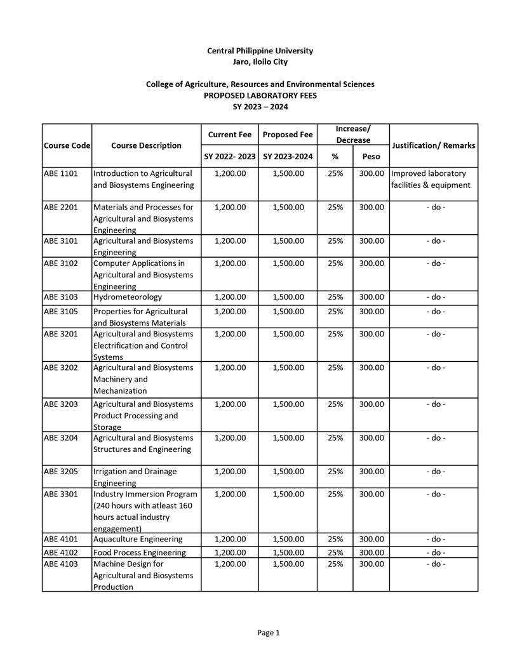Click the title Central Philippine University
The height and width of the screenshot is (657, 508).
[260, 51]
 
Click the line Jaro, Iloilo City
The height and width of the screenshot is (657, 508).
[260, 62]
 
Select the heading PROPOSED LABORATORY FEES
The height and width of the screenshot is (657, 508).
[260, 95]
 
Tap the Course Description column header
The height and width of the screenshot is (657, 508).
[146, 145]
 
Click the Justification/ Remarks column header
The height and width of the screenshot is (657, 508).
[434, 145]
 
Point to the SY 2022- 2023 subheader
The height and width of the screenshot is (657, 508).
[230, 156]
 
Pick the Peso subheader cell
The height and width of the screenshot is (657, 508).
[371, 156]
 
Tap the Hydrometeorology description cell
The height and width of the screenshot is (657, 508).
[128, 296]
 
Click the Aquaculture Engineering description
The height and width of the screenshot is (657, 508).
[138, 539]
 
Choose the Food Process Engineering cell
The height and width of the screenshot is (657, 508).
[140, 552]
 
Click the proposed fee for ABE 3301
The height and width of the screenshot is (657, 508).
[288, 494]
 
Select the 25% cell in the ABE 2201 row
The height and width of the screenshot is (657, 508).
[335, 207]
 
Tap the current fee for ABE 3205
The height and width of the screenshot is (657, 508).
[230, 472]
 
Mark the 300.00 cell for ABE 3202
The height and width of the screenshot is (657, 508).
[371, 368]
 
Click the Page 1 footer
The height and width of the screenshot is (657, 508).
[268, 632]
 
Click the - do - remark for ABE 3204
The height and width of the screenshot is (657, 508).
[435, 438]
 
